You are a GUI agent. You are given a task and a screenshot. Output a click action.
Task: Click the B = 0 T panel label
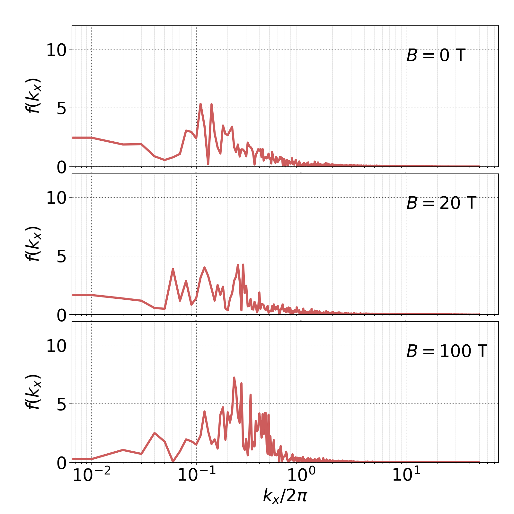coord(436,56)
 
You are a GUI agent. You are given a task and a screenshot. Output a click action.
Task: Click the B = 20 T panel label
coord(441,203)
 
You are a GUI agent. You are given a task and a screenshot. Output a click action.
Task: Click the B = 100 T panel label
coord(447,351)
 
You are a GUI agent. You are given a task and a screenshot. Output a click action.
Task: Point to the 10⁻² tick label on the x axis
coord(92,475)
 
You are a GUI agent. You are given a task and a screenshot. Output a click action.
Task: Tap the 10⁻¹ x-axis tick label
coord(196,475)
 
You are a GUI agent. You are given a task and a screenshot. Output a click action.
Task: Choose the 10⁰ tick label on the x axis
coord(301,475)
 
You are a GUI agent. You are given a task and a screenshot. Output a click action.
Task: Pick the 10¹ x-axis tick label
coord(406,475)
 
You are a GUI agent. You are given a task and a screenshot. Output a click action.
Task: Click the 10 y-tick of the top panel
coord(56,50)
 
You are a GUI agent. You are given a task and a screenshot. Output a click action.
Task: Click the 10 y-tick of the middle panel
coord(56,198)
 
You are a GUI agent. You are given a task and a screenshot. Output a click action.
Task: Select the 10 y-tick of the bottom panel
coord(56,346)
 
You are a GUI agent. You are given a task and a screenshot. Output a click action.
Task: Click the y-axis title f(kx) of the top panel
coord(33,95)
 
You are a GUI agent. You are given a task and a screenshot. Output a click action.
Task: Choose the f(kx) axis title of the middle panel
coord(33,244)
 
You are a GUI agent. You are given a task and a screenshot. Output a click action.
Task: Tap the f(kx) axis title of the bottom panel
coord(33,391)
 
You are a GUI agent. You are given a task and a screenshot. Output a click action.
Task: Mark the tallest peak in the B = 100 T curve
coord(234,378)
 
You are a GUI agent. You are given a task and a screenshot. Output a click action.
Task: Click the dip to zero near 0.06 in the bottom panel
coord(173,461)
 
